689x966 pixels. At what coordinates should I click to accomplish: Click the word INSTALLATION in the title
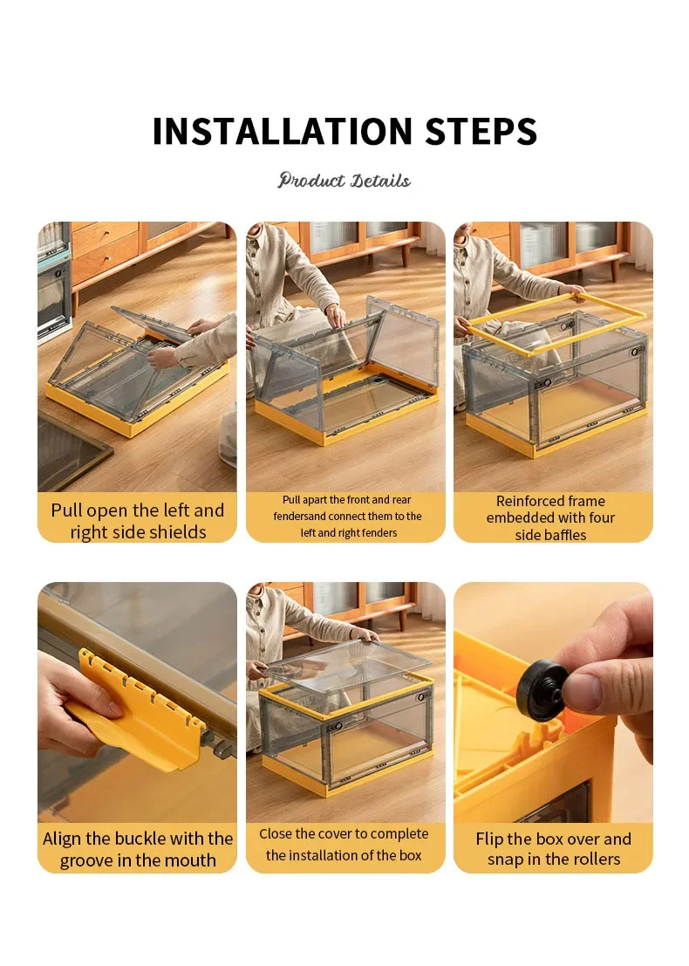coord(282,131)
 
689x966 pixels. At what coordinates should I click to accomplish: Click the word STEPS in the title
coord(481,131)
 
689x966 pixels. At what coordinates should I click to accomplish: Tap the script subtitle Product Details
coord(344,181)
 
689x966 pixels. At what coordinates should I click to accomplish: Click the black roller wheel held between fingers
coord(542,689)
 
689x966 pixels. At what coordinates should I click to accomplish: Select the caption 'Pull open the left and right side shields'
coord(137,521)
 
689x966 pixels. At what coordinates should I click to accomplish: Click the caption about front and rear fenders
coord(348,517)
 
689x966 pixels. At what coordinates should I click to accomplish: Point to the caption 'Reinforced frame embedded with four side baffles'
coord(550,517)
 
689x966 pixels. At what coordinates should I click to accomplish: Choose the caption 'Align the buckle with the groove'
coord(137,849)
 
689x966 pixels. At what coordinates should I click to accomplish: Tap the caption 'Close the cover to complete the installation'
coord(344,845)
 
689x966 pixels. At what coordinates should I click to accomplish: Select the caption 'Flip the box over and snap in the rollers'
coord(554,848)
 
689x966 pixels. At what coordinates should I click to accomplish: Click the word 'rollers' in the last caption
coord(595,859)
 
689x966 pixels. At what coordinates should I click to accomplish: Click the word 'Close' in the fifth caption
coord(276,834)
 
